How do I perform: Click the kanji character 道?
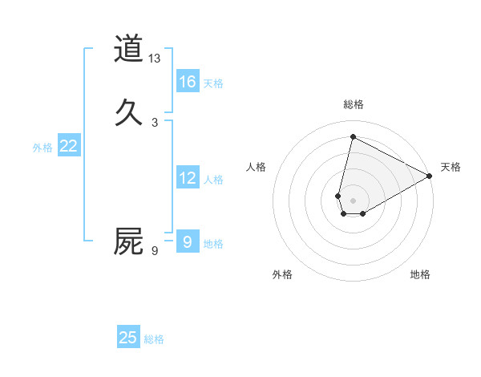(128, 48)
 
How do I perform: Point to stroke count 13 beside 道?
(155, 59)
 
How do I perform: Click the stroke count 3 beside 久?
(155, 122)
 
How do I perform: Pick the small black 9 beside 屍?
(155, 252)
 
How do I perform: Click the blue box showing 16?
(188, 82)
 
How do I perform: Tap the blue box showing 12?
(188, 178)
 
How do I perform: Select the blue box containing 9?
(188, 241)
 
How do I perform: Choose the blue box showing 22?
(69, 146)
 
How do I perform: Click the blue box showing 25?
(128, 338)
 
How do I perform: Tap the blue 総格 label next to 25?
(154, 339)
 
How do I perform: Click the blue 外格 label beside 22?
(42, 148)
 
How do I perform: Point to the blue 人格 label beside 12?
(213, 180)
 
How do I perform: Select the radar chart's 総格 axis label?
(354, 104)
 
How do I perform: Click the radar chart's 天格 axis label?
(451, 167)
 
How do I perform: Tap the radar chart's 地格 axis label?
(420, 274)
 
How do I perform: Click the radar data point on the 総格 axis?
(353, 136)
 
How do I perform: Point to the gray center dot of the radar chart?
(354, 201)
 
